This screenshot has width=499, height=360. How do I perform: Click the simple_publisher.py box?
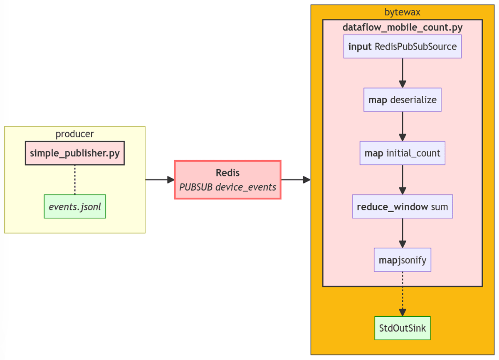pyautogui.click(x=75, y=153)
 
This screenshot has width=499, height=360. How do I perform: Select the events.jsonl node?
pyautogui.click(x=75, y=206)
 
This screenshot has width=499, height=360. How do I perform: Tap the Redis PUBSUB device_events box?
pyautogui.click(x=227, y=180)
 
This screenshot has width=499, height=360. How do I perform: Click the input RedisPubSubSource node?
pyautogui.click(x=402, y=46)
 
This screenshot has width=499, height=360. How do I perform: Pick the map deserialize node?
pyautogui.click(x=402, y=100)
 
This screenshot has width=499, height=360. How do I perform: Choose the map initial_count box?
pyautogui.click(x=402, y=153)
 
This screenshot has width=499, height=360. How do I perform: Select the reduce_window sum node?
pyautogui.click(x=402, y=206)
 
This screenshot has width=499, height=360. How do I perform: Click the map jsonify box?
pyautogui.click(x=402, y=260)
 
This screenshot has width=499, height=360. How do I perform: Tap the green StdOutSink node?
pyautogui.click(x=402, y=328)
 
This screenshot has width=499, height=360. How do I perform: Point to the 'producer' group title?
pyautogui.click(x=75, y=134)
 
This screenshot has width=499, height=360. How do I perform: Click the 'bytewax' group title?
pyautogui.click(x=402, y=12)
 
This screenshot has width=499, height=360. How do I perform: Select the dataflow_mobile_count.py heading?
pyautogui.click(x=402, y=27)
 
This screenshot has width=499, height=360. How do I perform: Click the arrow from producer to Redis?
pyautogui.click(x=159, y=180)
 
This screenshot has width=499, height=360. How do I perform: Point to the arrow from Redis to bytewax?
pyautogui.click(x=296, y=180)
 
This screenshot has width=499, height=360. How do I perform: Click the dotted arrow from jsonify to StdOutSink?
pyautogui.click(x=402, y=294)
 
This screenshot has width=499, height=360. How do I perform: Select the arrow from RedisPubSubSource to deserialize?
pyautogui.click(x=402, y=73)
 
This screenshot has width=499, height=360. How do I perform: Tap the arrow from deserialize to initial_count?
pyautogui.click(x=402, y=127)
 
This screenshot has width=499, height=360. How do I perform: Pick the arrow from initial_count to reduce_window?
pyautogui.click(x=402, y=180)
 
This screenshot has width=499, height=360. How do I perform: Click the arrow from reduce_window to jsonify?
pyautogui.click(x=402, y=233)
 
